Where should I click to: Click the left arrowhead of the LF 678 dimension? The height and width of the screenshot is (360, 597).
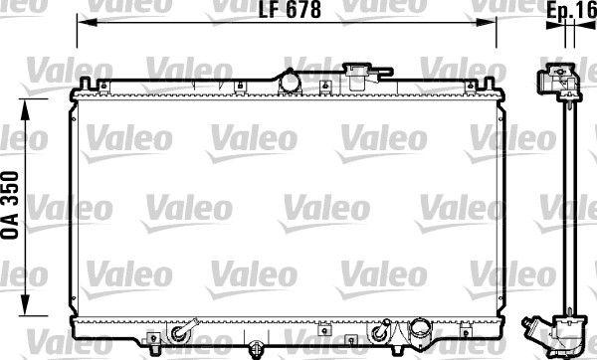[x=83, y=21]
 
